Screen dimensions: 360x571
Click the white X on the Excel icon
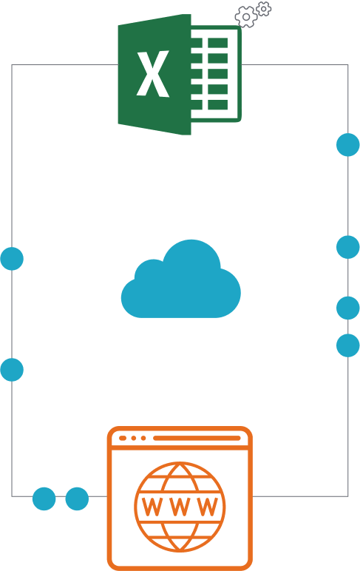(153, 73)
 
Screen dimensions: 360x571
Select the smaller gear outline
(264, 9)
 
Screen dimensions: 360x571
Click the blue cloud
(181, 279)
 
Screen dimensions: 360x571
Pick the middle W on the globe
(180, 507)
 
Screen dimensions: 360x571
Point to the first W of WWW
(152, 507)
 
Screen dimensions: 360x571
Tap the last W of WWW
(208, 507)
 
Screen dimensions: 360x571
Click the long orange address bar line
(197, 438)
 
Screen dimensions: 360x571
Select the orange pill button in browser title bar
(123, 438)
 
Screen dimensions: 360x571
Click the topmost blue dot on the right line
(348, 145)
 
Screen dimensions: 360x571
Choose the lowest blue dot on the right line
(348, 345)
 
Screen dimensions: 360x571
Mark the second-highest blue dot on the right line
(348, 247)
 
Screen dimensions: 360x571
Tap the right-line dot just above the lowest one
(348, 308)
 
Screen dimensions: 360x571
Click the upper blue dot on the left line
(12, 259)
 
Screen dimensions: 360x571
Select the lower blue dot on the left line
(12, 370)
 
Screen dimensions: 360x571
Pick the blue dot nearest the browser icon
(77, 499)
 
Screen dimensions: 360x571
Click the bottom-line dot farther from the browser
(44, 499)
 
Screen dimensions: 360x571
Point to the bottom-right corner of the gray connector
(347, 496)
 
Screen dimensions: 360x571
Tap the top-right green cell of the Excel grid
(217, 43)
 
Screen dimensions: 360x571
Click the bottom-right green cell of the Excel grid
(217, 104)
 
